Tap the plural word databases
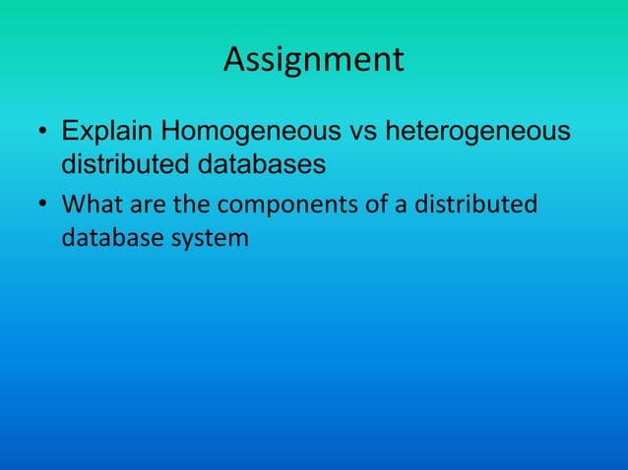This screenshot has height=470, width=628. (262, 163)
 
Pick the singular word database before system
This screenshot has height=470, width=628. (109, 237)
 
